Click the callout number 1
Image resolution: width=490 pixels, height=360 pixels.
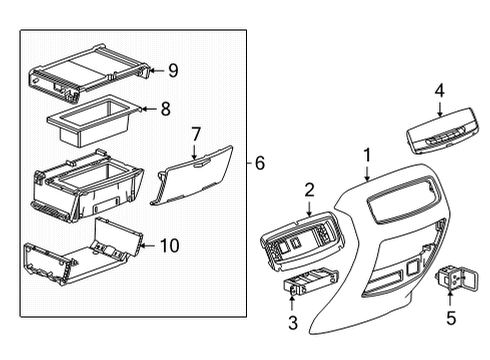(367, 155)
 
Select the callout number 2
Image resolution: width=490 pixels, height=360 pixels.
(310, 189)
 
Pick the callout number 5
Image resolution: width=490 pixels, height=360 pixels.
(450, 319)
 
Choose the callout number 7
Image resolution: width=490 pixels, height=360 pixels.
(197, 133)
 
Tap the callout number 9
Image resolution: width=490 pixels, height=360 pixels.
(173, 70)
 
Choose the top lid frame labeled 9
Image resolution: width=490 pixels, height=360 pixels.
(90, 74)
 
